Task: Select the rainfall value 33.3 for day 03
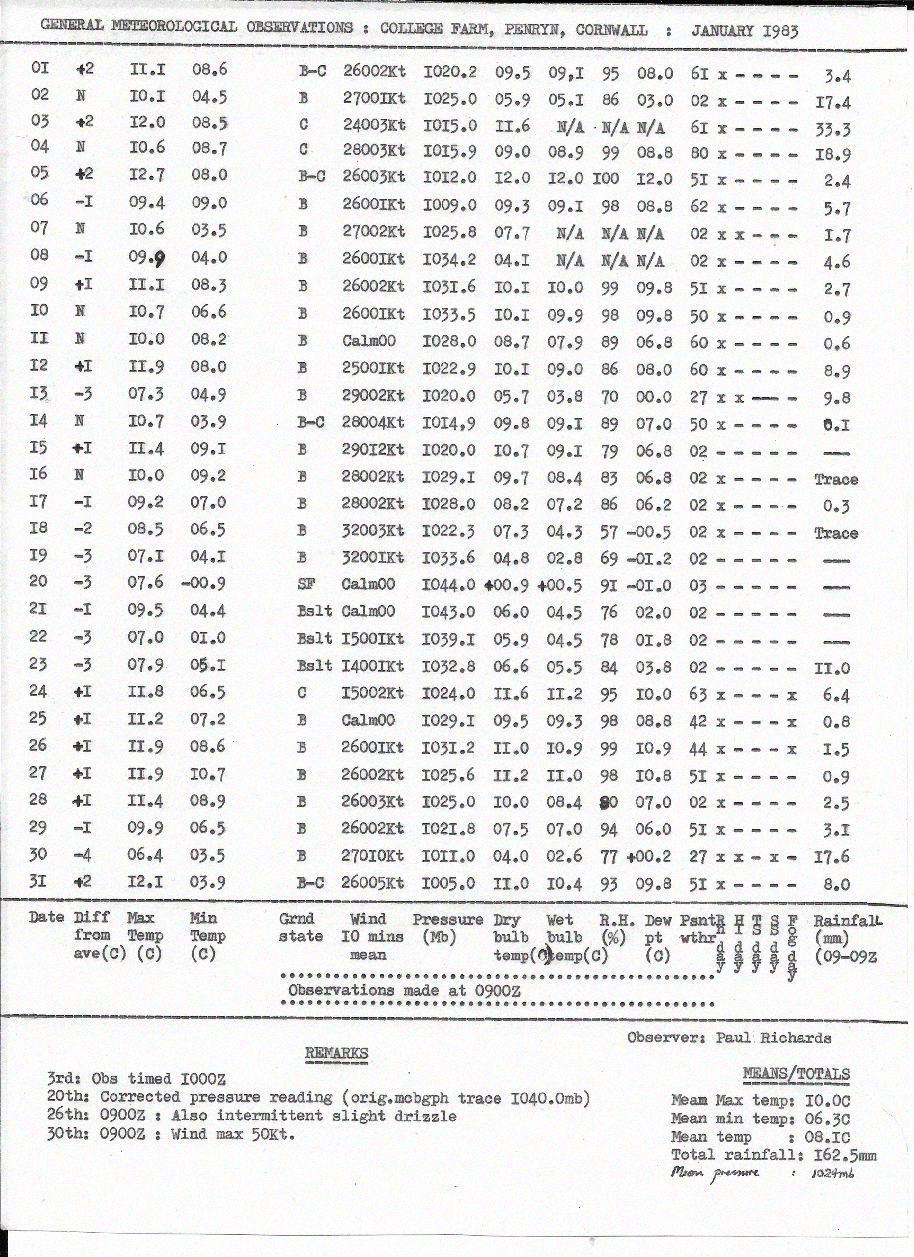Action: pyautogui.click(x=833, y=129)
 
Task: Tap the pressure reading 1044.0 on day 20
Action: pyautogui.click(x=448, y=585)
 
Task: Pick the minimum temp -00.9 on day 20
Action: pyautogui.click(x=203, y=583)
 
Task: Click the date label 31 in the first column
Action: pyautogui.click(x=38, y=881)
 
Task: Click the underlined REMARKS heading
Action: pyautogui.click(x=336, y=1053)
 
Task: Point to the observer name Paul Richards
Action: pyautogui.click(x=773, y=1038)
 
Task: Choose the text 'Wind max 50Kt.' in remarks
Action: pyautogui.click(x=233, y=1134)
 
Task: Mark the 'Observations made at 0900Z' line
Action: pyautogui.click(x=405, y=990)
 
